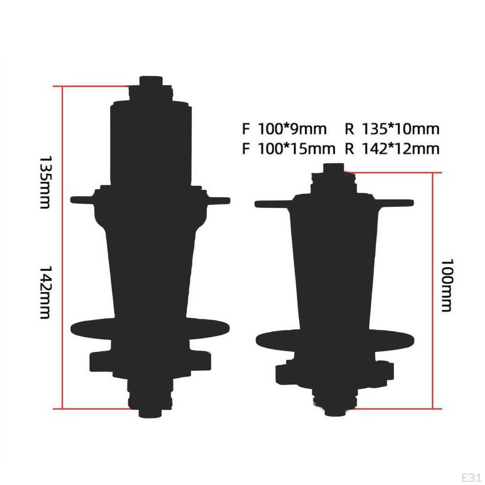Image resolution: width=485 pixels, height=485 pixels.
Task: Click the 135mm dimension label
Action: coord(45,182)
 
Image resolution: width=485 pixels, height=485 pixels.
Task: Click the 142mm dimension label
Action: coord(45,292)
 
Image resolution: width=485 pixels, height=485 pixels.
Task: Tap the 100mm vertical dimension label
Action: coord(447,285)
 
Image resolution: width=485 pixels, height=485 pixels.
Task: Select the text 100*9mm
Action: coord(292,129)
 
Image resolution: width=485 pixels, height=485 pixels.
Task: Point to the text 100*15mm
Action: coord(296,149)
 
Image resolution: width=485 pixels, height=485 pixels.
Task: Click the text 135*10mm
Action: coord(401,129)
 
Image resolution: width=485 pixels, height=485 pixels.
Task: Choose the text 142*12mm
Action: coord(401,149)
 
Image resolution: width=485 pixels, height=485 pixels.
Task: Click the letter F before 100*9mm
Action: coord(246,129)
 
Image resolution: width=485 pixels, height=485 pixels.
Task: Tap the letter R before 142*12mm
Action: coord(349,149)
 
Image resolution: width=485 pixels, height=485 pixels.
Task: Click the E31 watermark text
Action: coord(471,477)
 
